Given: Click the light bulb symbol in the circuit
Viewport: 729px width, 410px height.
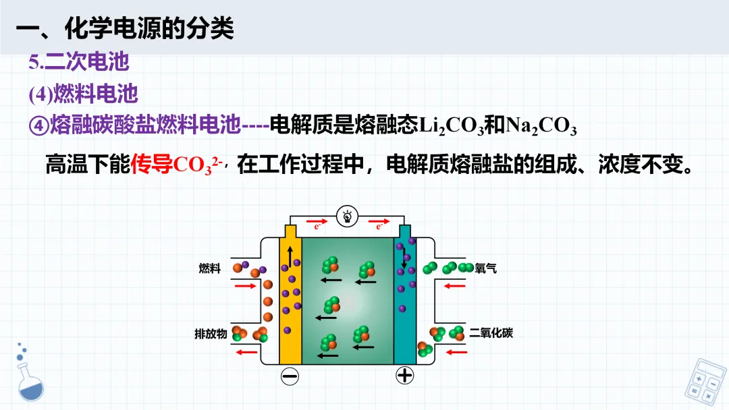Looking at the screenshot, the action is [x=347, y=217].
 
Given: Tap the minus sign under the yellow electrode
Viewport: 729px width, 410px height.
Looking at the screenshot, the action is [x=290, y=375].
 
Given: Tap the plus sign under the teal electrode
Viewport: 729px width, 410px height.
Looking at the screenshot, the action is [x=404, y=375].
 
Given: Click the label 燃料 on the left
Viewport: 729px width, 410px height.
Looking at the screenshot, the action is [x=210, y=268].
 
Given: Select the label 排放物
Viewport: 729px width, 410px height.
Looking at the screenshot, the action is [x=210, y=333].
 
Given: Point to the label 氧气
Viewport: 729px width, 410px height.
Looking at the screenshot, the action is [x=486, y=268].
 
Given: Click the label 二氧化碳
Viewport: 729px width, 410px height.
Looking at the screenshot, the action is [x=491, y=332].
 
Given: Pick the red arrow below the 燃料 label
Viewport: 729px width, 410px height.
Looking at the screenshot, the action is [x=246, y=286].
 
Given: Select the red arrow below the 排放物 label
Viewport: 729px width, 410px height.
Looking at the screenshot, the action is [x=246, y=351].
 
